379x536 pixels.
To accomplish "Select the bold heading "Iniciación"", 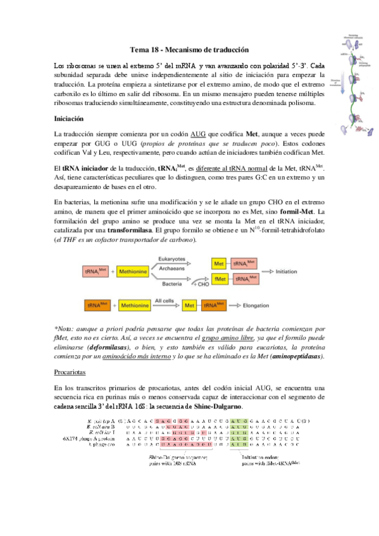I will click(71, 118).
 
